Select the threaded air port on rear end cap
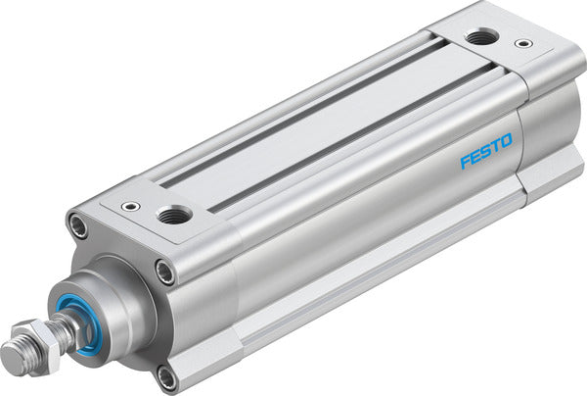click(479, 37)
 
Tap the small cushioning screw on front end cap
click(130, 207)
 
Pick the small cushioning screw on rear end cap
click(524, 44)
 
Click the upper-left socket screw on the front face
click(76, 226)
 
